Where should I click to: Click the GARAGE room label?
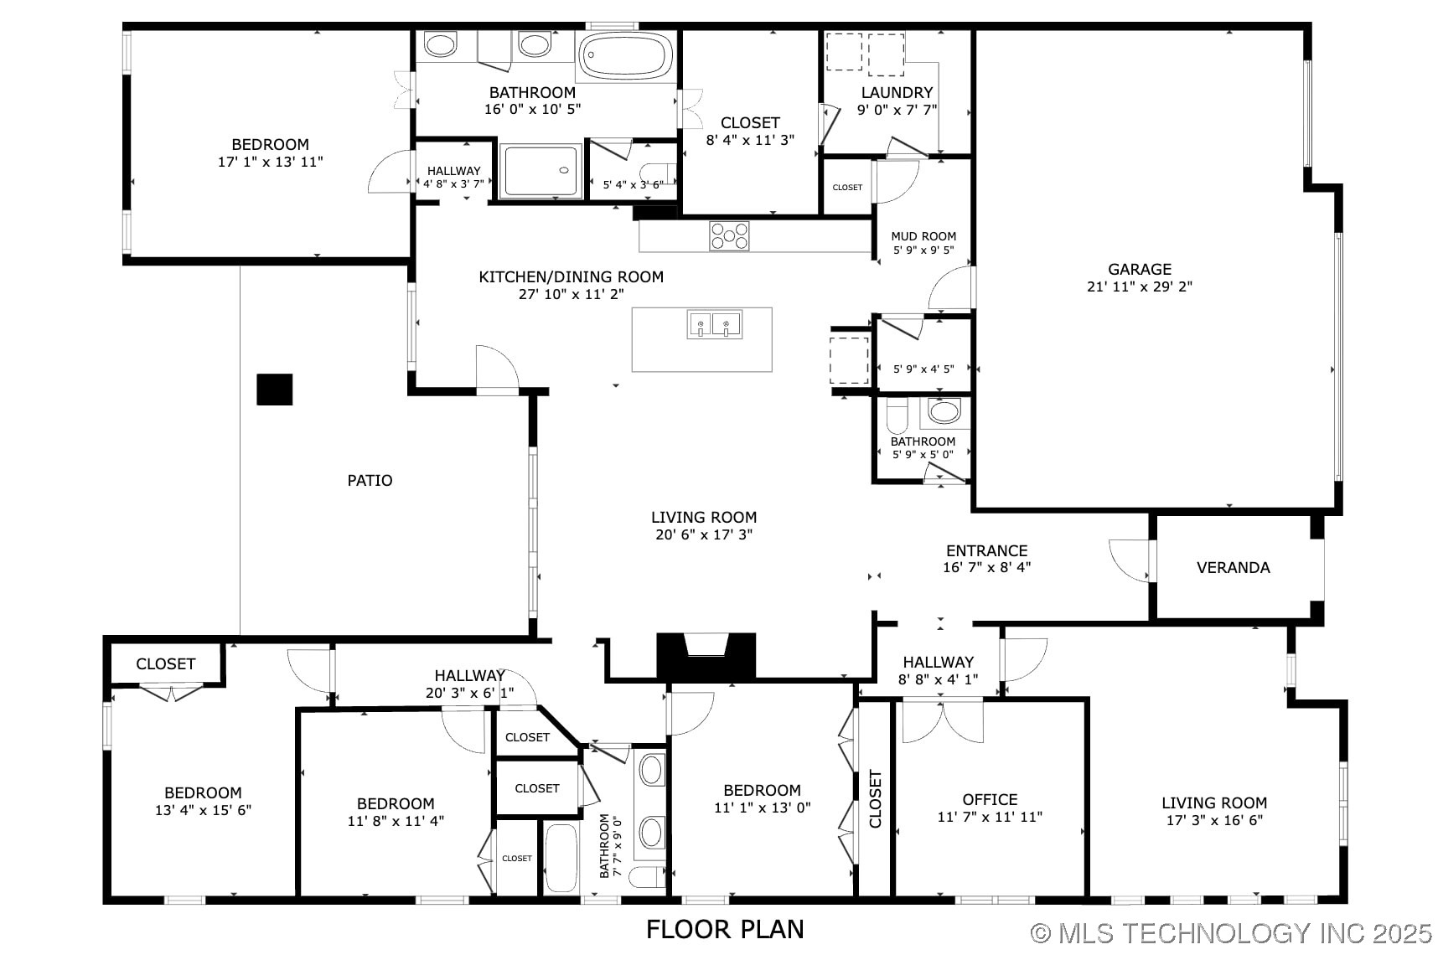click(x=1139, y=269)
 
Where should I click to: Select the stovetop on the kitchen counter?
click(x=729, y=235)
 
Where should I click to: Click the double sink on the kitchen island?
click(x=715, y=324)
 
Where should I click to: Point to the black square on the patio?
click(x=274, y=390)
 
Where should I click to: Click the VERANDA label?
click(x=1233, y=567)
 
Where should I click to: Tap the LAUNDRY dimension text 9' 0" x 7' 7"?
click(x=897, y=110)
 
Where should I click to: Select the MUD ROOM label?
click(x=923, y=236)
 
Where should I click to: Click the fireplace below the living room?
click(x=706, y=655)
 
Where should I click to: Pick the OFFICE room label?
click(x=990, y=799)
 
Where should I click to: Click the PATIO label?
click(x=370, y=480)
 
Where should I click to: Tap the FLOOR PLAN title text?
click(x=725, y=929)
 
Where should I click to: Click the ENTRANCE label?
click(x=986, y=550)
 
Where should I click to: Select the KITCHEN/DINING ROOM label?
click(x=571, y=276)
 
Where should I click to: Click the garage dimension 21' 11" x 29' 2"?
click(x=1139, y=286)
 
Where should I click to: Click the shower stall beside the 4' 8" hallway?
click(x=541, y=172)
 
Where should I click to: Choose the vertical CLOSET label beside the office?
click(x=876, y=799)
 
